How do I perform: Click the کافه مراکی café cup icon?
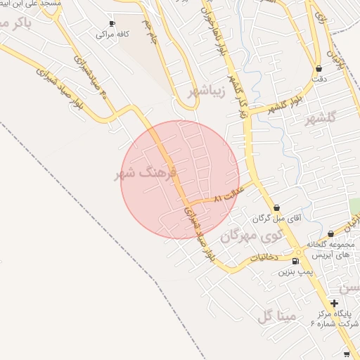tap(112, 23)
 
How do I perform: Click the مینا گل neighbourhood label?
tap(275, 317)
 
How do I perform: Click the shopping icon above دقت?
tap(321, 69)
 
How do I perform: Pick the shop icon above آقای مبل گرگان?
tap(277, 208)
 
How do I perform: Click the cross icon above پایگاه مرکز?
tap(334, 302)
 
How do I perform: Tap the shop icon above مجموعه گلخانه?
tap(331, 234)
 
